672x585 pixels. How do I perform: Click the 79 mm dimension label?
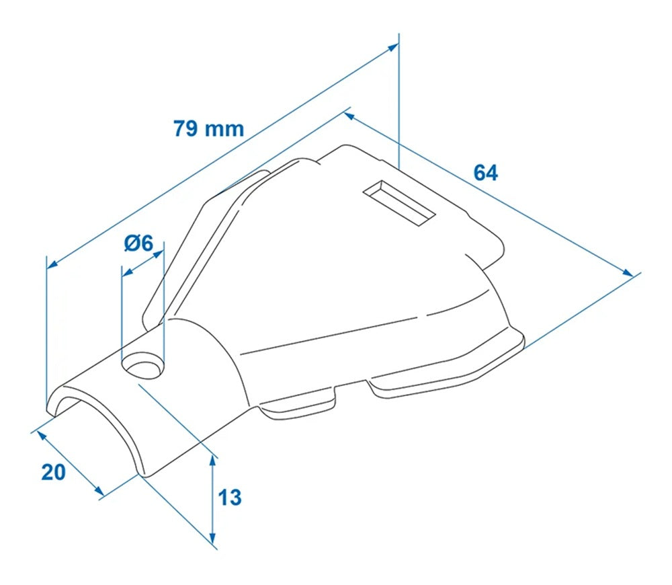point(208,128)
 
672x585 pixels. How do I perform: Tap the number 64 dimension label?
point(485,173)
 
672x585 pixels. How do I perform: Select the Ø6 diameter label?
point(139,243)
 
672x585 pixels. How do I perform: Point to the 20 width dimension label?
point(54,472)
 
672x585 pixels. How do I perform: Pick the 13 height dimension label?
point(230,498)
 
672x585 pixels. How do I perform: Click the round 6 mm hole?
point(142,366)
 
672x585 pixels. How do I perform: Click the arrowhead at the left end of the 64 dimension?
point(348,116)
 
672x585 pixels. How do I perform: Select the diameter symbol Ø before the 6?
point(132,243)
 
